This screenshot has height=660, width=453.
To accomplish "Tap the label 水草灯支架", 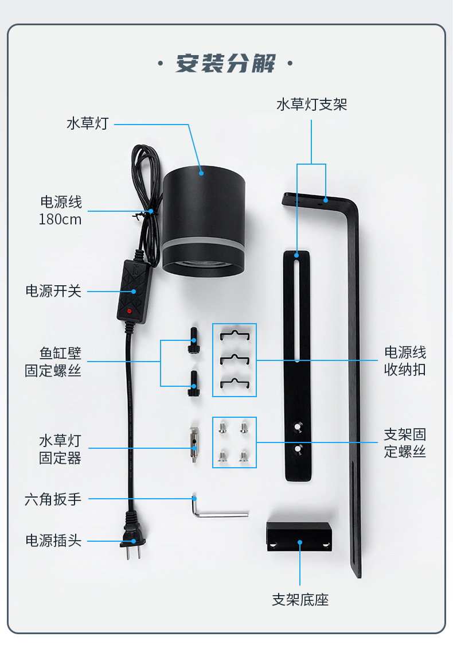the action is [x=311, y=104].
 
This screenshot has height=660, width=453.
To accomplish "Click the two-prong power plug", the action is [x=132, y=541].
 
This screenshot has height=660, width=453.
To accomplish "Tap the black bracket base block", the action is [x=299, y=537].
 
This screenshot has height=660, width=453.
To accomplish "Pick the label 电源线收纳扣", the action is [x=405, y=360].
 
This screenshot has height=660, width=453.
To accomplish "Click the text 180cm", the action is [x=60, y=219].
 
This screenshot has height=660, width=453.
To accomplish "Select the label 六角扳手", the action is [x=53, y=499].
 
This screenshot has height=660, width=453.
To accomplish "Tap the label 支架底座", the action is [x=300, y=600].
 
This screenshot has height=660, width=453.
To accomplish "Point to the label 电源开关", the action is [x=53, y=291].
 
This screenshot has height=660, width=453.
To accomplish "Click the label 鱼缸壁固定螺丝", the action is [x=53, y=362].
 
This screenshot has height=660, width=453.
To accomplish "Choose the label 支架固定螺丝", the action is [x=405, y=442].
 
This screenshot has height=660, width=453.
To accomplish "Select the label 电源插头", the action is [x=53, y=541].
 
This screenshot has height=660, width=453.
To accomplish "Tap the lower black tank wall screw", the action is [x=193, y=383].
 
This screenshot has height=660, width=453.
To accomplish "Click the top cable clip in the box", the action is [x=234, y=335].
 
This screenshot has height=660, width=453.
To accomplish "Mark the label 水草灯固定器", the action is [x=60, y=449].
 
